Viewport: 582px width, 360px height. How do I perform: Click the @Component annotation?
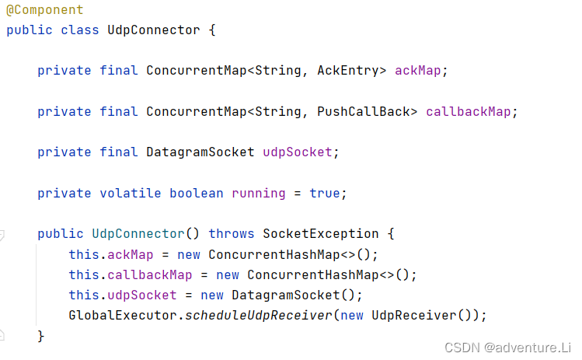(x=44, y=11)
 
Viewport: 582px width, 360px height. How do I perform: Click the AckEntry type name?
(x=351, y=71)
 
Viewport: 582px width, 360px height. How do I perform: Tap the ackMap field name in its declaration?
(x=421, y=71)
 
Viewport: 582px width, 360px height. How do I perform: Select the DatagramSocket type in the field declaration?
(x=200, y=152)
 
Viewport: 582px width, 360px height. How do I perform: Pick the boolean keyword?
(x=196, y=193)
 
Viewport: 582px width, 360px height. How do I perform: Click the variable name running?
(x=258, y=193)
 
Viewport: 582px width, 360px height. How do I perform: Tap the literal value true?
(x=324, y=193)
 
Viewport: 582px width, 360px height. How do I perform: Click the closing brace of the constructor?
(x=41, y=335)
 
